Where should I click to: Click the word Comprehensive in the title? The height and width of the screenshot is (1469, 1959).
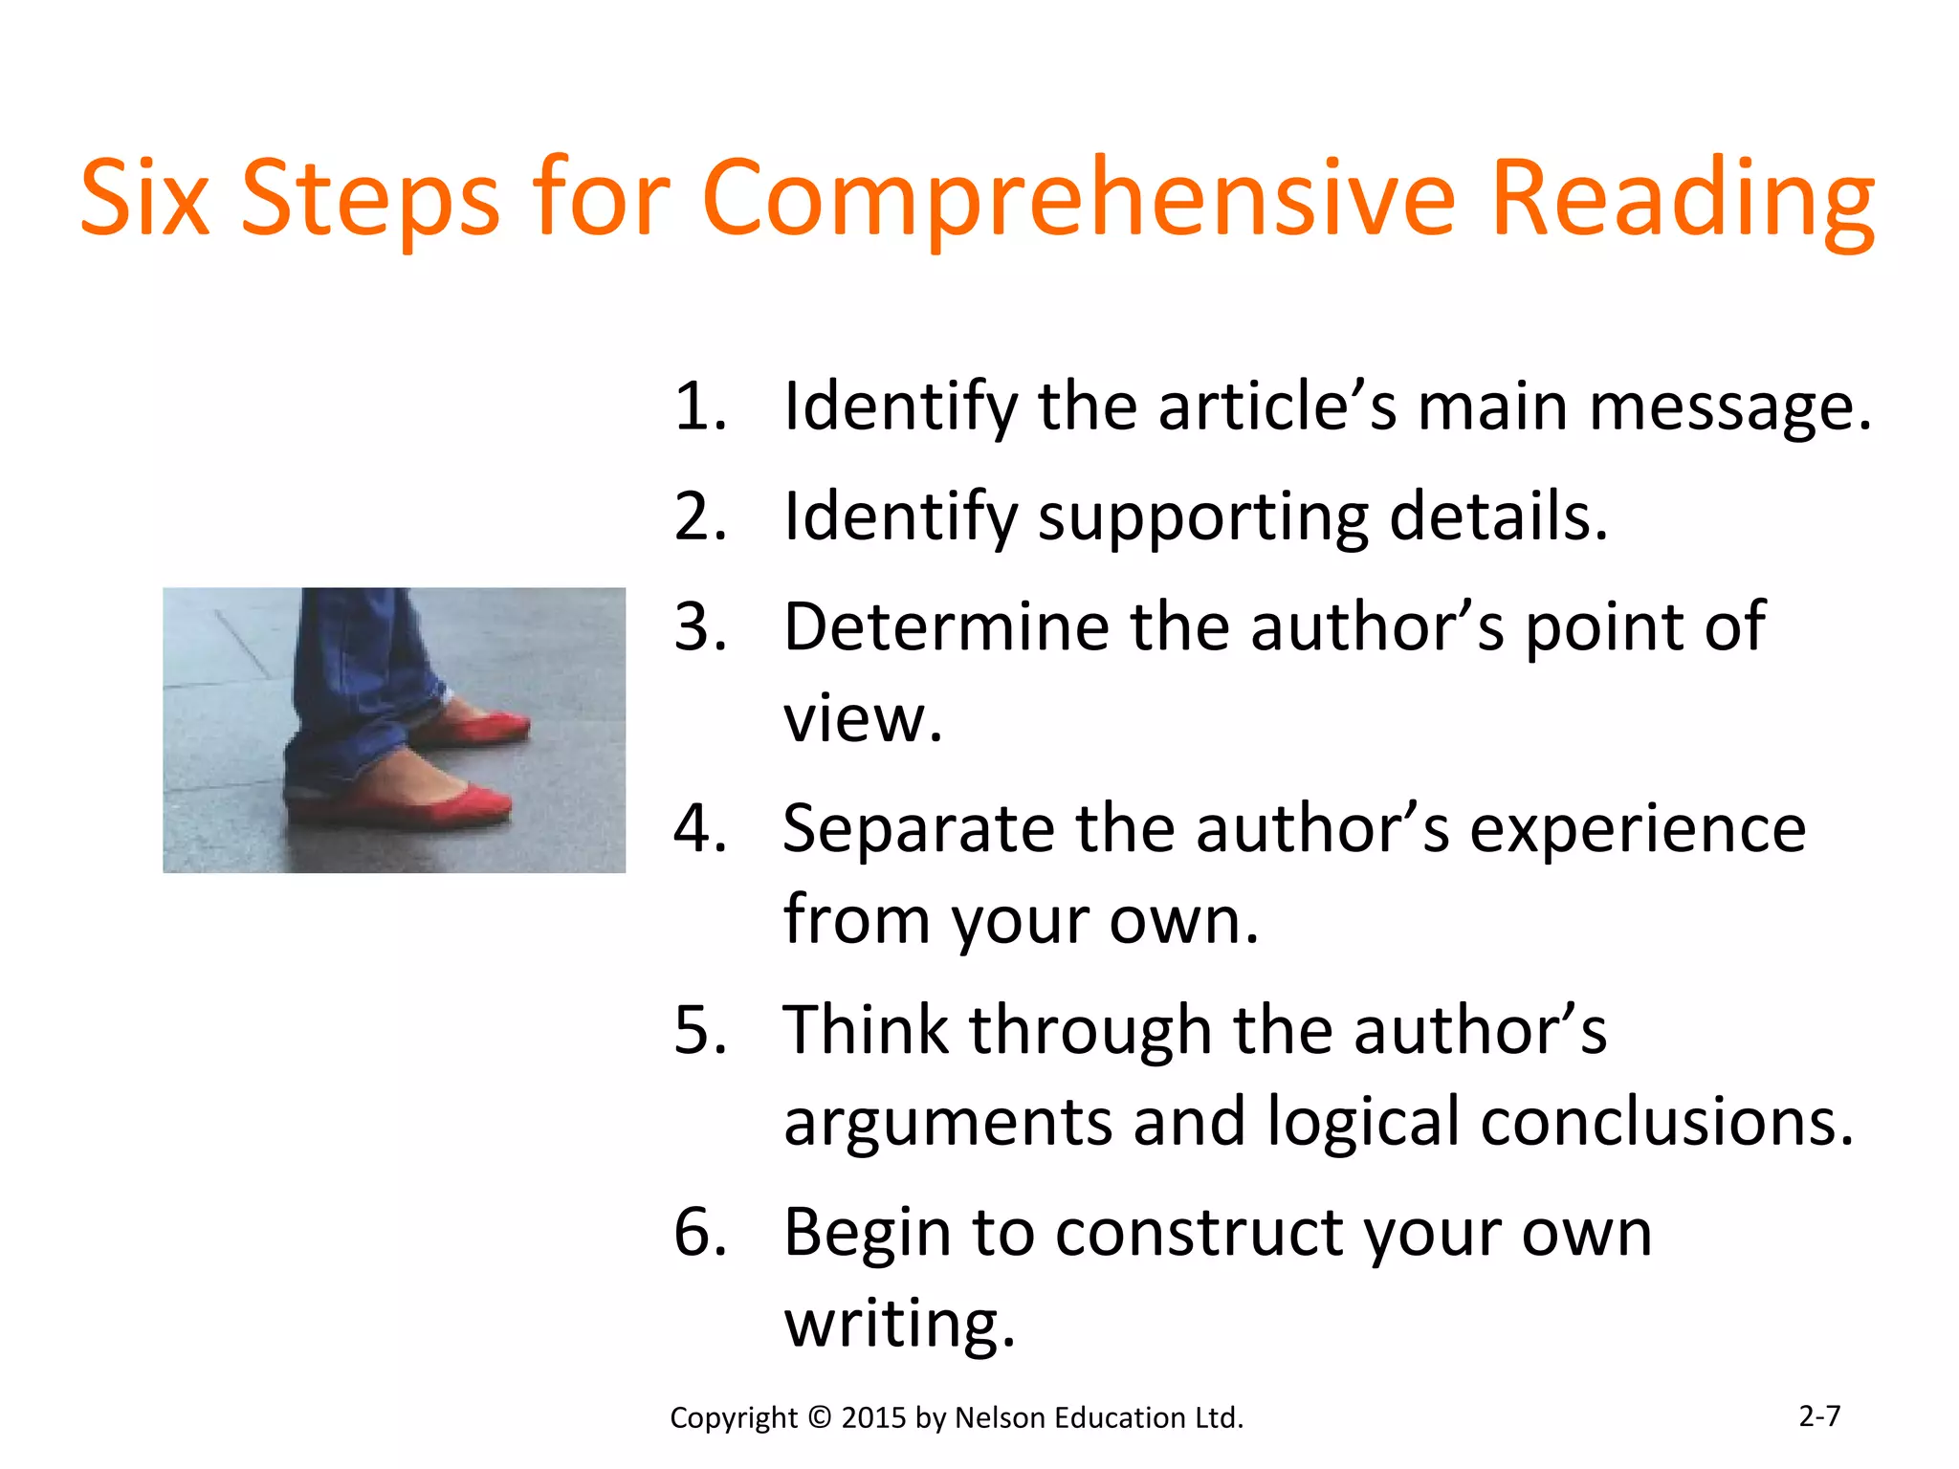[x=1078, y=198]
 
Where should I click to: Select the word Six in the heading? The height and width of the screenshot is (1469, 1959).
[x=144, y=198]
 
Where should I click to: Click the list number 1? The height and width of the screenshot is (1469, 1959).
[x=699, y=406]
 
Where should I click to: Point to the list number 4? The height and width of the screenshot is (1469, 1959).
[x=699, y=828]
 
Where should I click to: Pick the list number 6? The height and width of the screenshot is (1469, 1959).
[x=699, y=1232]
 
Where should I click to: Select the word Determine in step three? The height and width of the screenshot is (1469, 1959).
[x=945, y=627]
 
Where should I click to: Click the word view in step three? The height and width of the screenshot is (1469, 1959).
[x=862, y=719]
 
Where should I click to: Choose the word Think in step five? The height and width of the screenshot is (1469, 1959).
[x=865, y=1030]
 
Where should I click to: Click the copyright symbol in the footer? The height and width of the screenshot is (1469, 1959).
[x=820, y=1417]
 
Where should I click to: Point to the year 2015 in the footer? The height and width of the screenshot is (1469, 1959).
[x=873, y=1417]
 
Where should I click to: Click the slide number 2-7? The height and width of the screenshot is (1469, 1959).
[x=1818, y=1415]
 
